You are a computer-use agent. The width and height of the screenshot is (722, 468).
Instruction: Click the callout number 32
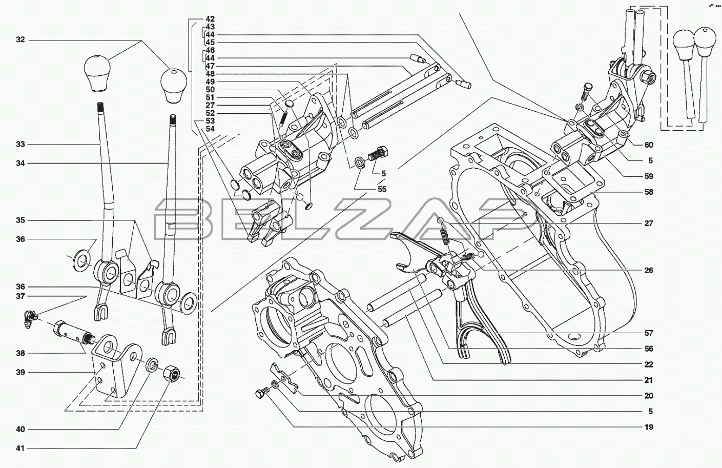[20, 40]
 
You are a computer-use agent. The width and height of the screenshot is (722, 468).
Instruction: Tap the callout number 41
[20, 449]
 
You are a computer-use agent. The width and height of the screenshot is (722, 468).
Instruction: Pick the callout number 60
[649, 145]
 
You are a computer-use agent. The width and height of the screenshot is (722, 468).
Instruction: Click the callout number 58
[649, 192]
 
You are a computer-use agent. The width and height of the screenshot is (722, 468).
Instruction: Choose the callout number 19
[649, 427]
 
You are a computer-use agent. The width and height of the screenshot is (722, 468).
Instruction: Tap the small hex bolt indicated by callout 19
[262, 393]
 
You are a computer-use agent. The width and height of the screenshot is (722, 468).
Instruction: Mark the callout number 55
[382, 189]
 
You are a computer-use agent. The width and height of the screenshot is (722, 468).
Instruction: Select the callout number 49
[210, 82]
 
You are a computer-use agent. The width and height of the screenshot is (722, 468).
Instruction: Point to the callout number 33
[20, 144]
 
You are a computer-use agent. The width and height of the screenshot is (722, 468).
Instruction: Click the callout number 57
[649, 333]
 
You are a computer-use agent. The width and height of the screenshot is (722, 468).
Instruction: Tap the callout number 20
[649, 396]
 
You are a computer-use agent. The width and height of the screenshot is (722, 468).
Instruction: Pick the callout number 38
[20, 354]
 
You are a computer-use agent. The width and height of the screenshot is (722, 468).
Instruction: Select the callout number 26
[649, 270]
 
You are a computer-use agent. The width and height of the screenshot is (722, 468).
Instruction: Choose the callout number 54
[210, 129]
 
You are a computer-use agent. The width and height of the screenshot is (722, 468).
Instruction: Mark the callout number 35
[20, 220]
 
